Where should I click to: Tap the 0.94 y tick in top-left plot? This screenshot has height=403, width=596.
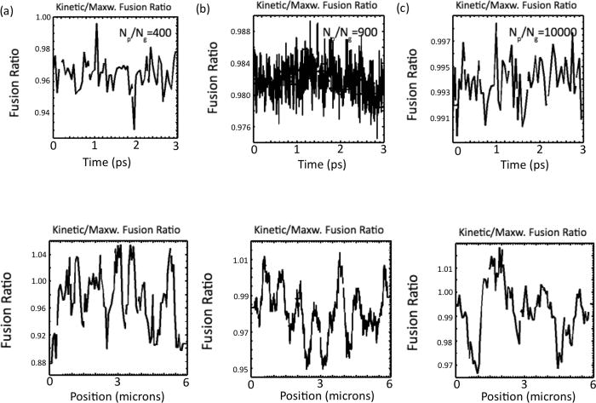(x=39, y=112)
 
